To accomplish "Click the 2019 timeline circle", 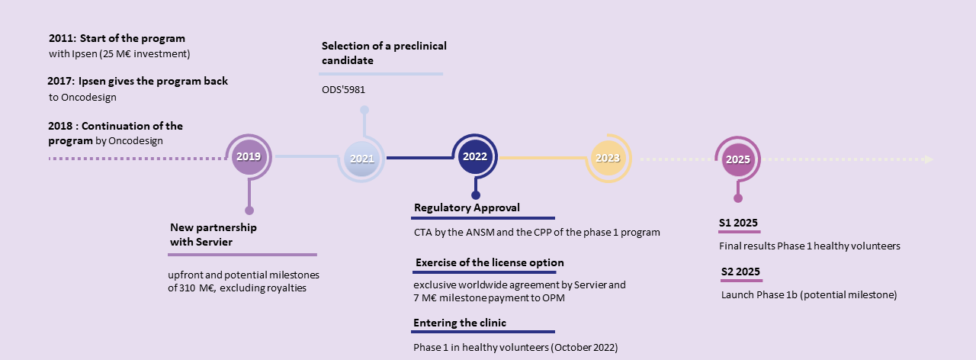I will [249, 157].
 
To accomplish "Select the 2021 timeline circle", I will [361, 159].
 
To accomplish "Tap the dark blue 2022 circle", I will [474, 156].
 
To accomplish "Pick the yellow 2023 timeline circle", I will [608, 158].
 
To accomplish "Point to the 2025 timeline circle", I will [737, 159].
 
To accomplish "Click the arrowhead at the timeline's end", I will [928, 159].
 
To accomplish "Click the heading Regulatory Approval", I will [467, 208].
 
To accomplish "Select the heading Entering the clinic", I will [460, 323].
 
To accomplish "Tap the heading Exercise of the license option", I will [490, 263].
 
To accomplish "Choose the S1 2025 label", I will [738, 223].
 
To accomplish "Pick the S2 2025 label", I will [740, 272].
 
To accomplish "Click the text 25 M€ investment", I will [149, 53].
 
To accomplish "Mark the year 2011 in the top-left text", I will [61, 38].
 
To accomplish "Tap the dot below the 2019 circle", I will [249, 211].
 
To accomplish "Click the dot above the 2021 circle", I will [364, 111].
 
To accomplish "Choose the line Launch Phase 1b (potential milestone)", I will [808, 294].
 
